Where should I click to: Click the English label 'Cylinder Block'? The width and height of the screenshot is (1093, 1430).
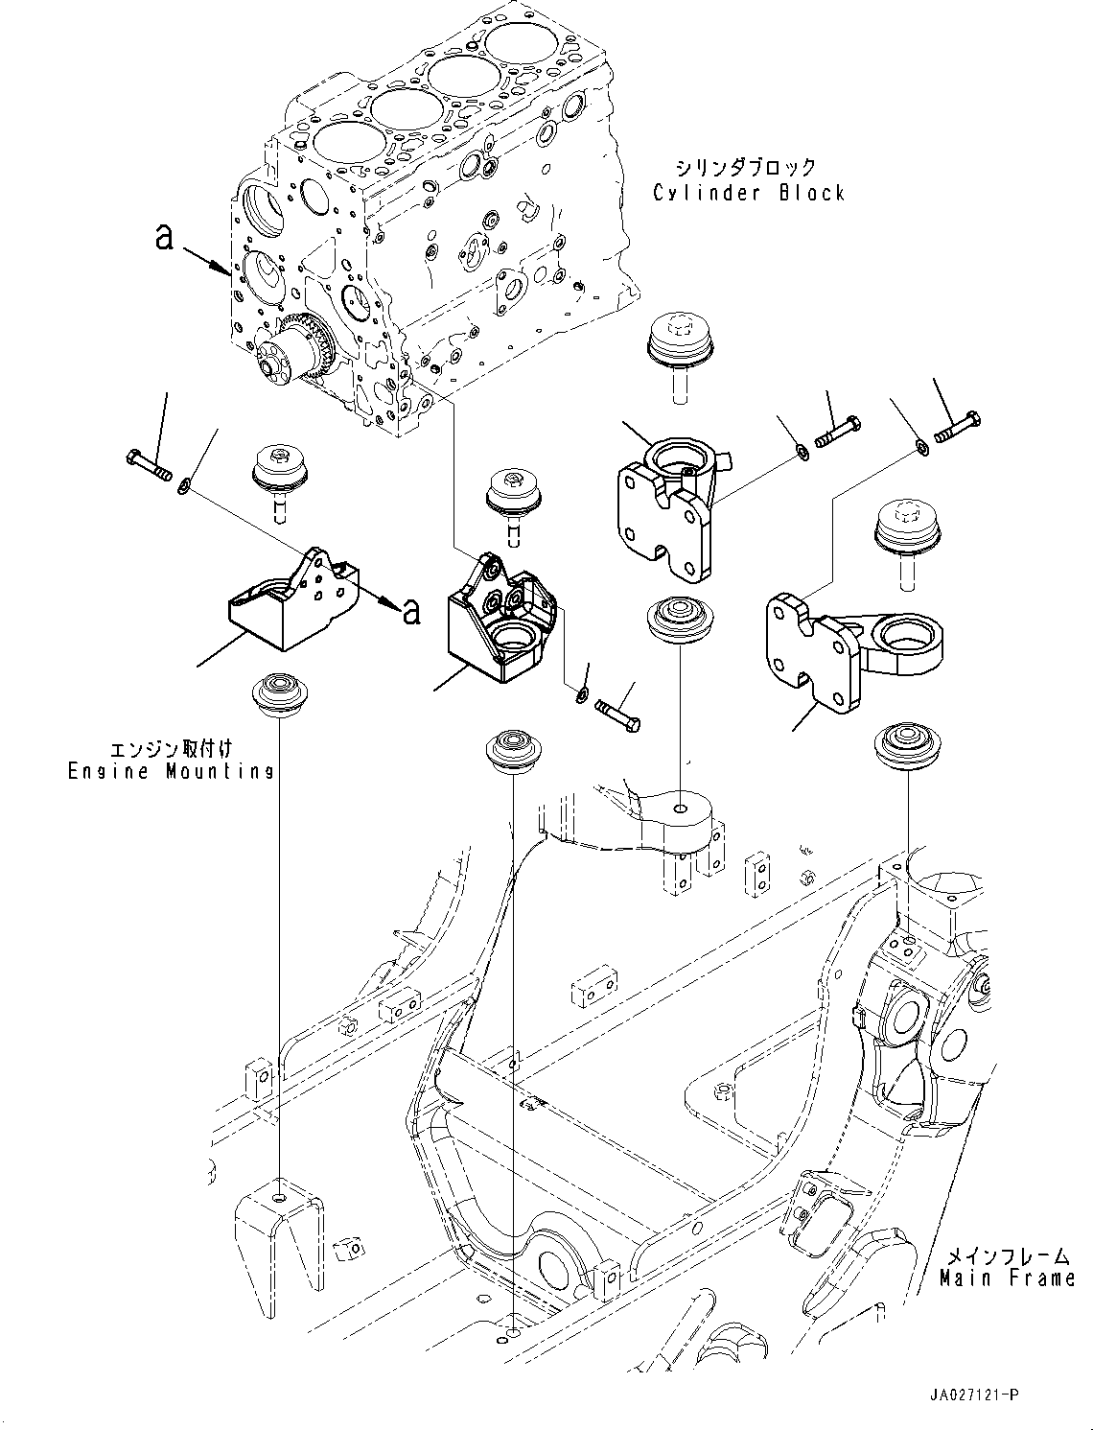point(749,193)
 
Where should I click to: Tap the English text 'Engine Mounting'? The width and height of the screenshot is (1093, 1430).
point(171,771)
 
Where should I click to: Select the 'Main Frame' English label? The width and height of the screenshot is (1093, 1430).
point(1007,1278)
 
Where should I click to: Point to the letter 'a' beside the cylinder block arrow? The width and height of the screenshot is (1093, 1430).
point(165,236)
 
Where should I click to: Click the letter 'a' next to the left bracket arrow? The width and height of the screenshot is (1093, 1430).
point(411,610)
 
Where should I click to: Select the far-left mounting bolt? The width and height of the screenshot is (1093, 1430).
point(148,463)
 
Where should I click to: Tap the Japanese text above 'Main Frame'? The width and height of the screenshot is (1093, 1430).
point(1007,1254)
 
